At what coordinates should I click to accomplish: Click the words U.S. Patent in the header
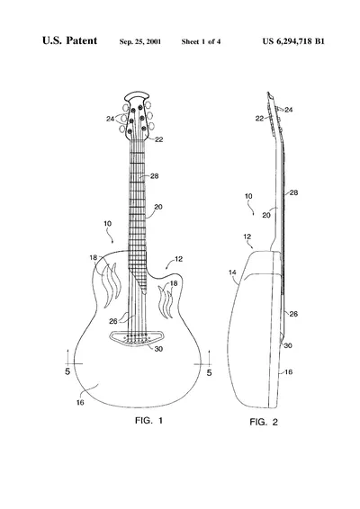pyautogui.click(x=69, y=40)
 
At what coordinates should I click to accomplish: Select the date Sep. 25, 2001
pyautogui.click(x=140, y=41)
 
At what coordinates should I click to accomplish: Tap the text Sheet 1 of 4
pyautogui.click(x=201, y=41)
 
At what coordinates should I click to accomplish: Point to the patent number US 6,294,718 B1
pyautogui.click(x=293, y=41)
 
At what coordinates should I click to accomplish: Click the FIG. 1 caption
pyautogui.click(x=148, y=420)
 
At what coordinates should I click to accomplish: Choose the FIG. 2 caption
pyautogui.click(x=264, y=422)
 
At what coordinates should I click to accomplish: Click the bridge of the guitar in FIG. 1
pyautogui.click(x=136, y=338)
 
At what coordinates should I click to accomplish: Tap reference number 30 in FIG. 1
pyautogui.click(x=158, y=349)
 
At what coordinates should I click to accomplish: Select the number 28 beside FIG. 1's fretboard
pyautogui.click(x=154, y=176)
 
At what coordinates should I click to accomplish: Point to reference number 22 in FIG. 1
pyautogui.click(x=159, y=139)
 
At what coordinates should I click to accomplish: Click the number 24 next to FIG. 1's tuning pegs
pyautogui.click(x=110, y=119)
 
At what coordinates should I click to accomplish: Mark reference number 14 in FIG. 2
pyautogui.click(x=232, y=272)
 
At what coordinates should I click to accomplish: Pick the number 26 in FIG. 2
pyautogui.click(x=293, y=314)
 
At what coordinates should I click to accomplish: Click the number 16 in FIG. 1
pyautogui.click(x=80, y=403)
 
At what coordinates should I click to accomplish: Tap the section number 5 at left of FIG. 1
pyautogui.click(x=67, y=371)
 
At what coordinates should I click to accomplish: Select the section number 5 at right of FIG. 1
pyautogui.click(x=209, y=372)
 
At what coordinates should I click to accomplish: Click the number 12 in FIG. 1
pyautogui.click(x=179, y=259)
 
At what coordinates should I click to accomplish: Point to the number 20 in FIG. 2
pyautogui.click(x=266, y=215)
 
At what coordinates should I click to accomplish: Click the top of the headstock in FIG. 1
pyautogui.click(x=137, y=93)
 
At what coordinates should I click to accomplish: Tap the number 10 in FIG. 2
pyautogui.click(x=248, y=196)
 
